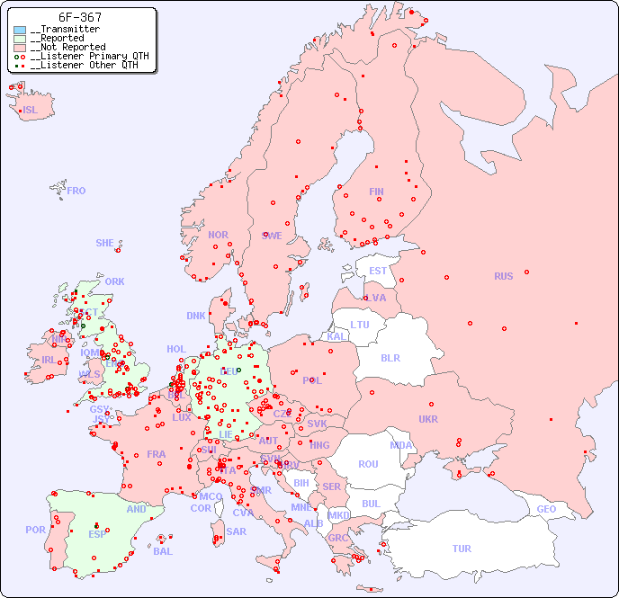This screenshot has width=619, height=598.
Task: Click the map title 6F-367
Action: (79, 17)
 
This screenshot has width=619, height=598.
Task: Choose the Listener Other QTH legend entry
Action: (84, 66)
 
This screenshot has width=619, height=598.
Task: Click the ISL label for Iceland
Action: (31, 111)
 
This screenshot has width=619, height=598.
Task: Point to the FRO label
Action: (76, 191)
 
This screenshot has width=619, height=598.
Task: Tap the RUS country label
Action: (503, 276)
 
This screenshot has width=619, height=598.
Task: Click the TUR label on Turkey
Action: (462, 549)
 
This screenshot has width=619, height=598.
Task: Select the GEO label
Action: (546, 509)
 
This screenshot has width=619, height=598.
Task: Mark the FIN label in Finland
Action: (376, 192)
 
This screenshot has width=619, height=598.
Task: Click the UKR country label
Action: (428, 419)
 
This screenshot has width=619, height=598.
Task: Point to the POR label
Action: (35, 530)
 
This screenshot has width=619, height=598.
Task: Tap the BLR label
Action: (390, 357)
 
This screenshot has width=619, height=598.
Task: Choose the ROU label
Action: (368, 464)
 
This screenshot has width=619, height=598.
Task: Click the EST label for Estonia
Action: (378, 271)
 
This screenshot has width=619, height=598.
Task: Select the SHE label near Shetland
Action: (105, 243)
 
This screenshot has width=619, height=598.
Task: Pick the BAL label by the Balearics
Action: (162, 551)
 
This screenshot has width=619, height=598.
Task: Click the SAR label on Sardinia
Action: (236, 531)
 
